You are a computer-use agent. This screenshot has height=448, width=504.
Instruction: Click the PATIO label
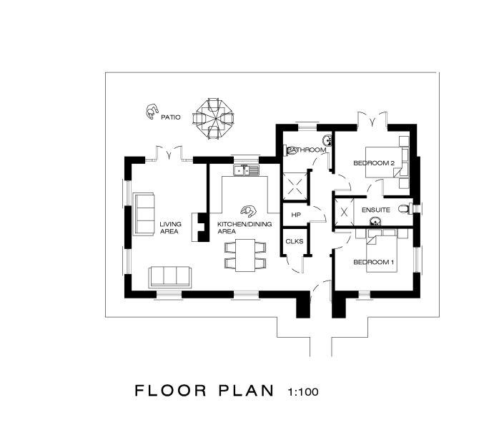click(171, 117)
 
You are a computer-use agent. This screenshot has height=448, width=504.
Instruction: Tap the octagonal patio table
click(213, 118)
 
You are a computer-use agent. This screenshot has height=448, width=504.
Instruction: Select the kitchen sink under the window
click(246, 170)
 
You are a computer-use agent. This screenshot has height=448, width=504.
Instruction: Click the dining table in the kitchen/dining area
click(245, 255)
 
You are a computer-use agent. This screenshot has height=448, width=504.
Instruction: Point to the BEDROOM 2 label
click(374, 163)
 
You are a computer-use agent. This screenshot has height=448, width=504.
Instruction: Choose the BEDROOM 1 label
click(373, 262)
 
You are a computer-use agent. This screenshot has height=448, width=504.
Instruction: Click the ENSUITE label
click(376, 210)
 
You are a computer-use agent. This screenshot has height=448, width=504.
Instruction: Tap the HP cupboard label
click(296, 215)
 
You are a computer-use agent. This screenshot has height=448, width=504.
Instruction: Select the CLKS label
click(295, 241)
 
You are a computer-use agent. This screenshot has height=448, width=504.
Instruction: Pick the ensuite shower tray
click(345, 212)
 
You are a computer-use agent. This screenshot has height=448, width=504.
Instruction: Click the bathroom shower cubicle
click(295, 186)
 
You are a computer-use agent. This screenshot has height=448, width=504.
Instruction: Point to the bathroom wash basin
click(327, 140)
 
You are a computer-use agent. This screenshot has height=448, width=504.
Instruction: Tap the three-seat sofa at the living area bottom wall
click(169, 277)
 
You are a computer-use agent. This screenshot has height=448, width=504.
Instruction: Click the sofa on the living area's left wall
click(144, 214)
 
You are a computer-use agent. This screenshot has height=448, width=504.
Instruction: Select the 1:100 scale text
click(303, 391)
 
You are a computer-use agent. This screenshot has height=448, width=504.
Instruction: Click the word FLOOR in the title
click(170, 391)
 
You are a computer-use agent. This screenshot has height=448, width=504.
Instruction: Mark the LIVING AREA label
click(170, 228)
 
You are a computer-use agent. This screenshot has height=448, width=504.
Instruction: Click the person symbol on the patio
click(151, 112)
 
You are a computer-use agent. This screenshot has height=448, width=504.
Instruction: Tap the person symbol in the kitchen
click(248, 211)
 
